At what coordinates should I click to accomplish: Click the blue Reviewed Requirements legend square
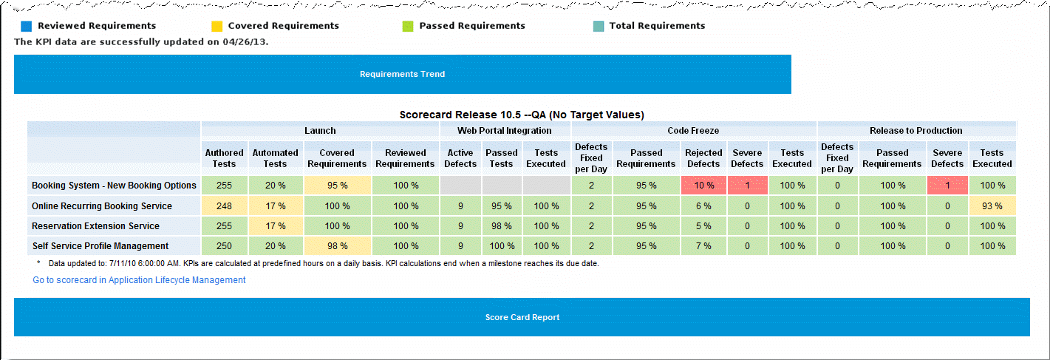27,27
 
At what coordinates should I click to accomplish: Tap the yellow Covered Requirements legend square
217,27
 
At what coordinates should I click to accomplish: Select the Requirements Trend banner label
402,74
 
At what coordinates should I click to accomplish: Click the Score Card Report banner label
522,317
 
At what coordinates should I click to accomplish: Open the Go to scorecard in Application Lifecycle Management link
139,280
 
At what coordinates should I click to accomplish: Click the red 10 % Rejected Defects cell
703,186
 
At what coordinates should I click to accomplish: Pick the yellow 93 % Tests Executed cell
992,206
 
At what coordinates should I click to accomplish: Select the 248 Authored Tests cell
224,206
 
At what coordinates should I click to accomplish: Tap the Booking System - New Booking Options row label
114,186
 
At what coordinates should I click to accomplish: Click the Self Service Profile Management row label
100,246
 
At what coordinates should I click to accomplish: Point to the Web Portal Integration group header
505,131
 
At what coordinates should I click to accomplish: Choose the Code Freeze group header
693,131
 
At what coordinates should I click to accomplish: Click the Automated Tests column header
275,158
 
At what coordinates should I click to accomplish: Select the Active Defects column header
460,158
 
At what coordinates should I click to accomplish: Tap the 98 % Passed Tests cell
501,226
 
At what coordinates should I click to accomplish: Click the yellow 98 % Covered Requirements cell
337,246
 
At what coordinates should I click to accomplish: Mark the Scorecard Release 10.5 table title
522,115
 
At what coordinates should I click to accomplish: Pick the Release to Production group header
916,131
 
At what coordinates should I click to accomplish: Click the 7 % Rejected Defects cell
703,246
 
